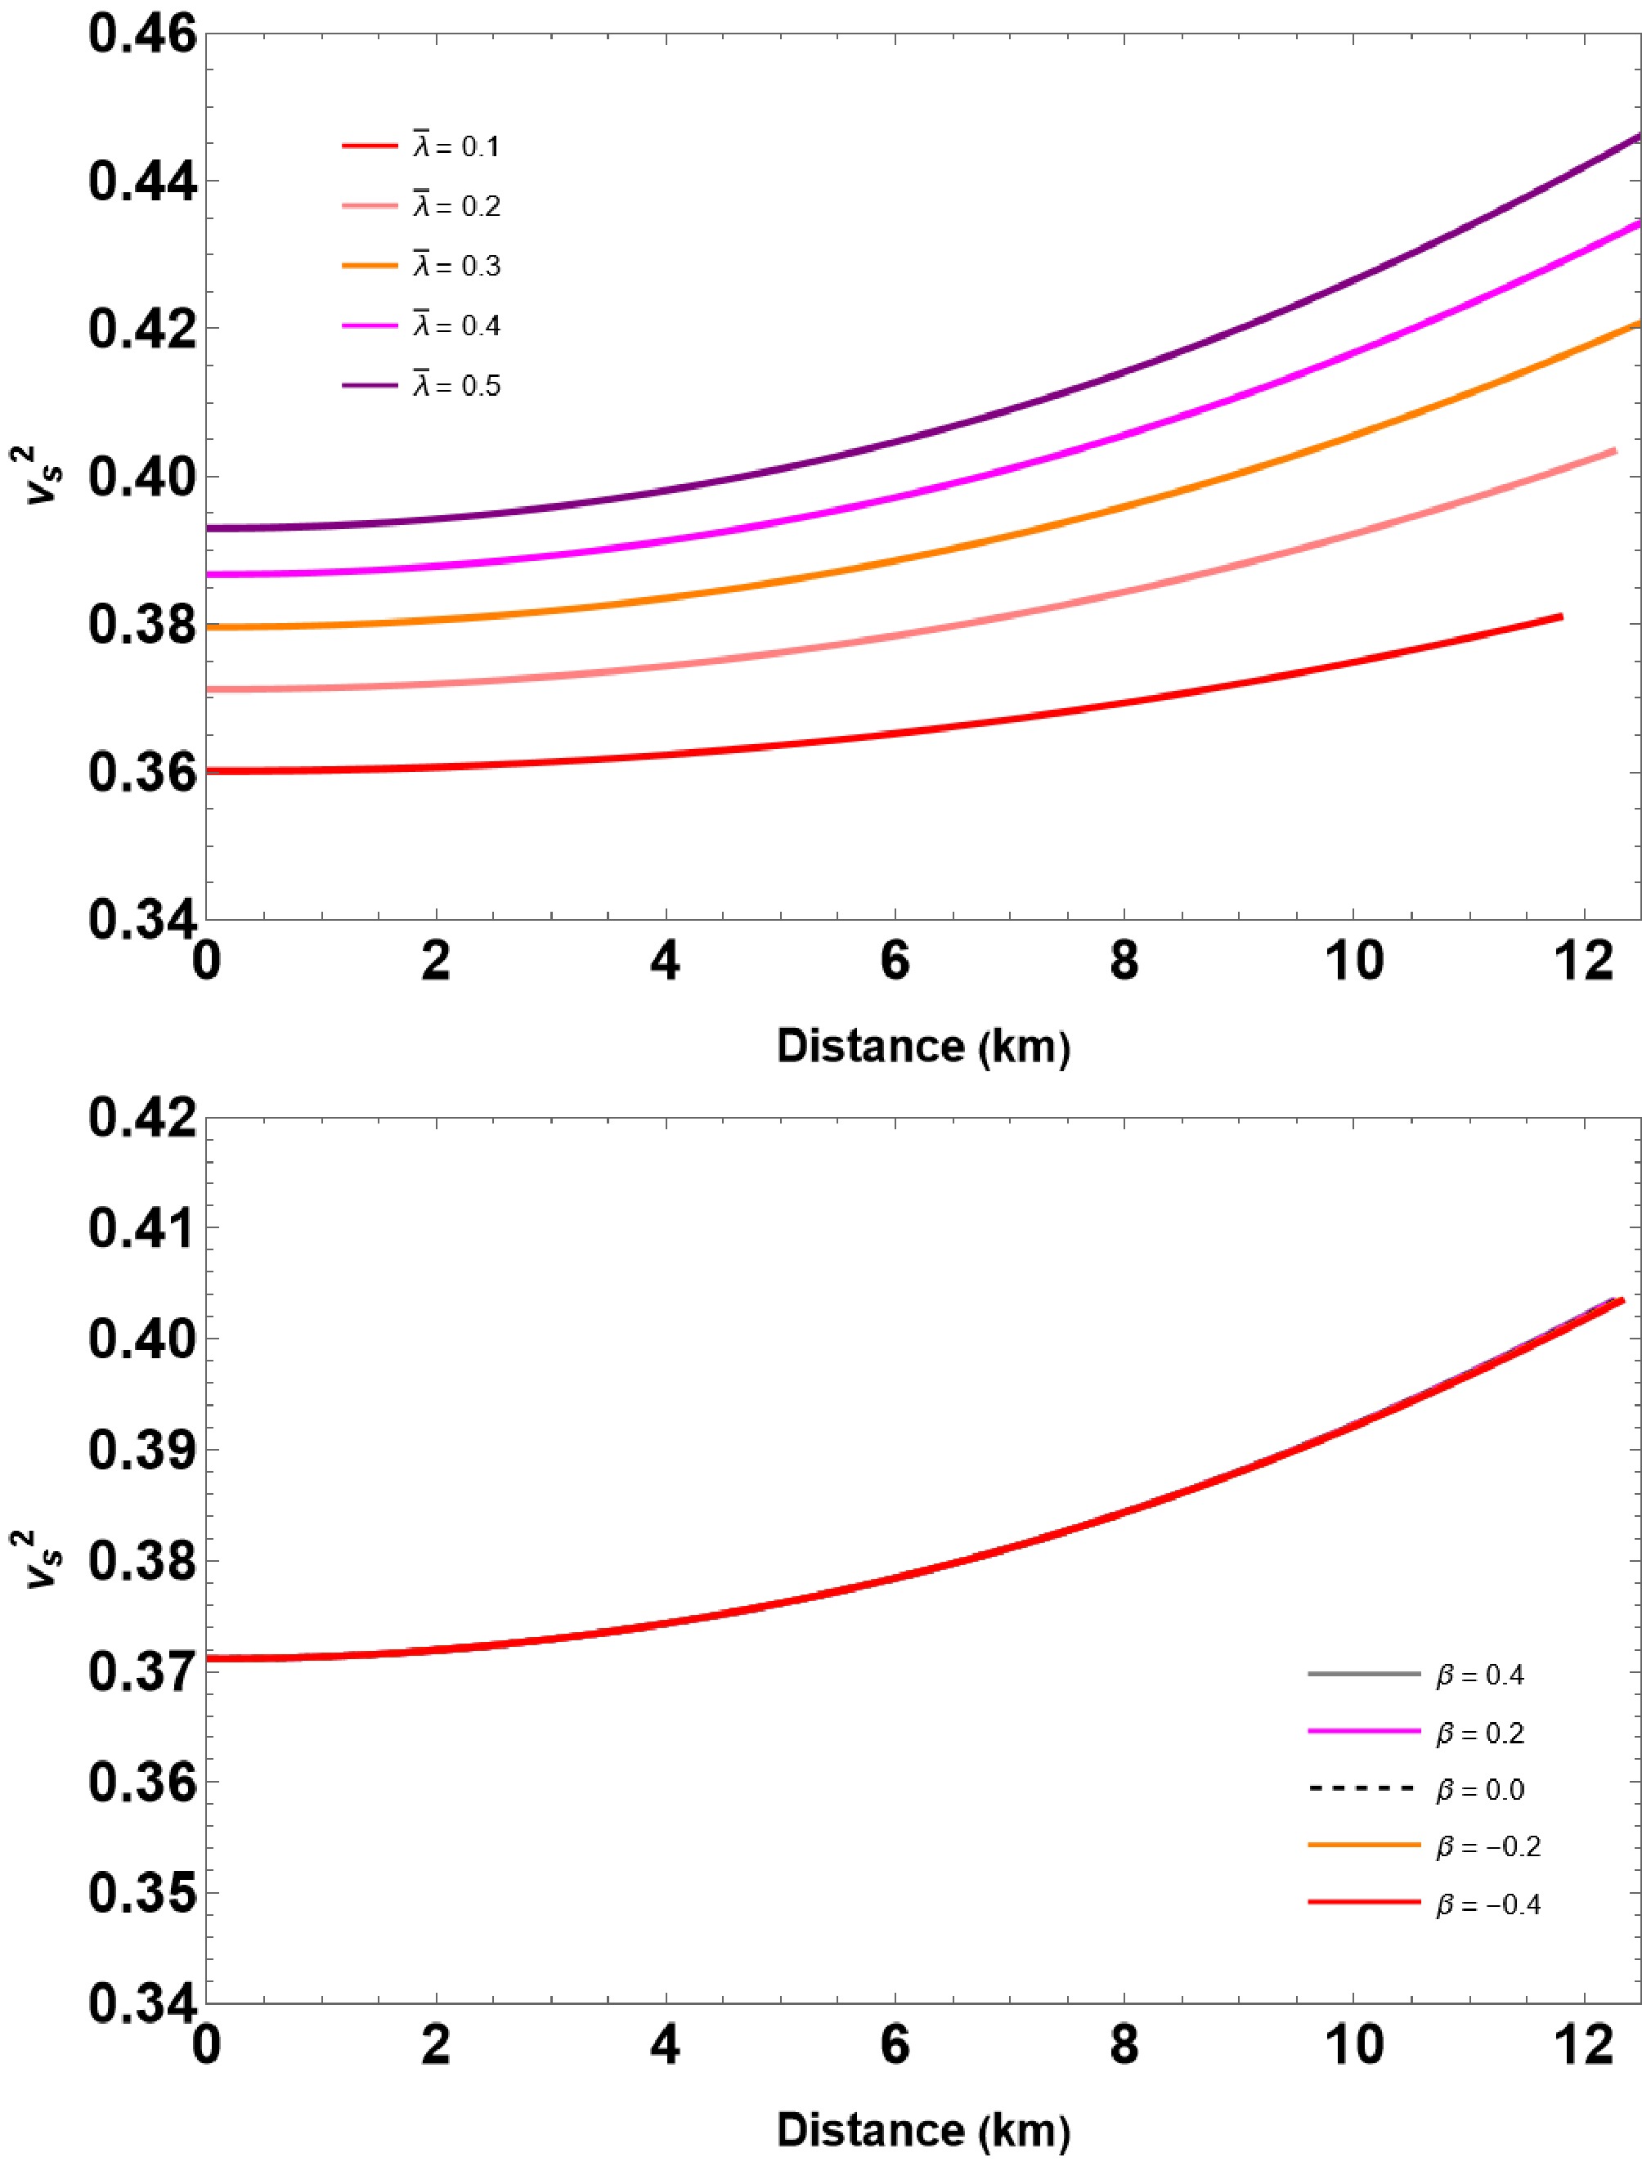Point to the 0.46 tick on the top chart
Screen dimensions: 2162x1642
click(x=141, y=34)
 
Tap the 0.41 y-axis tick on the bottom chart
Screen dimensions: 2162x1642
click(x=141, y=1227)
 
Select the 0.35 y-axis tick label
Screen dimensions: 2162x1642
click(x=141, y=1893)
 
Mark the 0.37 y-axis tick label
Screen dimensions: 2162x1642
click(x=141, y=1671)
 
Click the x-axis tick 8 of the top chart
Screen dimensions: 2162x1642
click(x=1124, y=962)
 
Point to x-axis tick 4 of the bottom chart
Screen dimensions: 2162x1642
click(x=665, y=2043)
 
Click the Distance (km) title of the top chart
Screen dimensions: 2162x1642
click(x=922, y=1047)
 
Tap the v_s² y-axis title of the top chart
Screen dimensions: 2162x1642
click(x=44, y=476)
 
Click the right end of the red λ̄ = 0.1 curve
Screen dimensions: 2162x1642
click(x=1561, y=617)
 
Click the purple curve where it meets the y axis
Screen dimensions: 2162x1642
click(x=209, y=527)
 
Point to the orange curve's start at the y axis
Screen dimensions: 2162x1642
click(x=209, y=627)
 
